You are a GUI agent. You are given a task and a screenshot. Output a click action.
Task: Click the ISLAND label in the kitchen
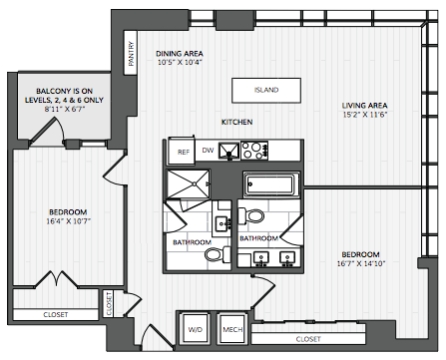click(x=266, y=90)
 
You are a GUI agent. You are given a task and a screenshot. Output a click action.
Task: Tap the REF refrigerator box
click(x=182, y=152)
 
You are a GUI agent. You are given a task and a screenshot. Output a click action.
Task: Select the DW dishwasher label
click(x=208, y=151)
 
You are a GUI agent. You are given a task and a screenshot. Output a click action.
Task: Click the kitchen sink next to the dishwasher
click(x=228, y=152)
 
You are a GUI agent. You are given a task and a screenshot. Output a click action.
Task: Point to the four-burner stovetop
click(x=254, y=151)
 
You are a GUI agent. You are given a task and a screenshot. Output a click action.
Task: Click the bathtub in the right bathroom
click(x=271, y=184)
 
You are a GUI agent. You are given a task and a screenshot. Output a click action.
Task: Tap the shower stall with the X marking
click(x=189, y=184)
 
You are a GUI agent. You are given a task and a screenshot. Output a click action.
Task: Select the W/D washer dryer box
click(x=196, y=329)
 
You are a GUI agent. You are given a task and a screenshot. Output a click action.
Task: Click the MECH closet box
click(x=232, y=329)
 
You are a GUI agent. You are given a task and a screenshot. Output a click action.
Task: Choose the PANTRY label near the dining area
click(x=132, y=53)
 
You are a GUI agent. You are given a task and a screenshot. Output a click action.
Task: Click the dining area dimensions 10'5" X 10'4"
click(x=180, y=62)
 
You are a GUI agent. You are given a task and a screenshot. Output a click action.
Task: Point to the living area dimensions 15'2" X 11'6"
click(x=365, y=115)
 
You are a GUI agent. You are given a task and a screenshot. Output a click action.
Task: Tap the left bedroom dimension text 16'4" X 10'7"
click(x=68, y=221)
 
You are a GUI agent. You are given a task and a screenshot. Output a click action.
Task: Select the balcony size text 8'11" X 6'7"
click(x=65, y=109)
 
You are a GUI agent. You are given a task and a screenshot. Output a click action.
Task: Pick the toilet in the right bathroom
click(x=251, y=216)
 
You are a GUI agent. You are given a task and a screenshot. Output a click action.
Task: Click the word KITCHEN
click(x=237, y=122)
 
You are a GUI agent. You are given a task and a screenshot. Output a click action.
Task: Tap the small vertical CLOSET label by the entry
click(x=109, y=304)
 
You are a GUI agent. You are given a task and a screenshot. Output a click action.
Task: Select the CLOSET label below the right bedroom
click(x=308, y=339)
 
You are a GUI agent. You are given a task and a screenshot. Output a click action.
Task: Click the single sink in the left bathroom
click(x=222, y=223)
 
